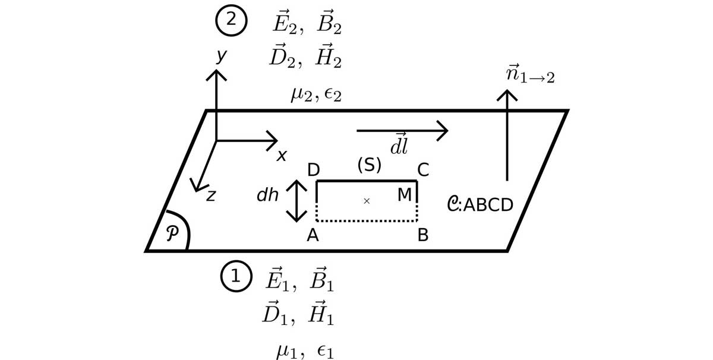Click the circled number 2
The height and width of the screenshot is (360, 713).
231,20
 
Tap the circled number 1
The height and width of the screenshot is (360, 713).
236,276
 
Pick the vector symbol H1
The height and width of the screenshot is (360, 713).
321,314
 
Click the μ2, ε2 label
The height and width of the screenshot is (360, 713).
316,94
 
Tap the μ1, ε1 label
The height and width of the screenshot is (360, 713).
305,351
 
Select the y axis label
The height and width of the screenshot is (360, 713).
221,55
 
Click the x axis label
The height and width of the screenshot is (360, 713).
282,156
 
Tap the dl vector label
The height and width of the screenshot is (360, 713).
399,145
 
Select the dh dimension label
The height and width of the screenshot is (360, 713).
267,195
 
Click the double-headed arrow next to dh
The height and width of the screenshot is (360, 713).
296,201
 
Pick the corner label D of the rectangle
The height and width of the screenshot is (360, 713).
313,170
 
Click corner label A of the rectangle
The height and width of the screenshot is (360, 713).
313,236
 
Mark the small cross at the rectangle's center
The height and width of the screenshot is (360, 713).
367,201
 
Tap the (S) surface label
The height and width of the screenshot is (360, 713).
369,165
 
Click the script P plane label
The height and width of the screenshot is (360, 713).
172,233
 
